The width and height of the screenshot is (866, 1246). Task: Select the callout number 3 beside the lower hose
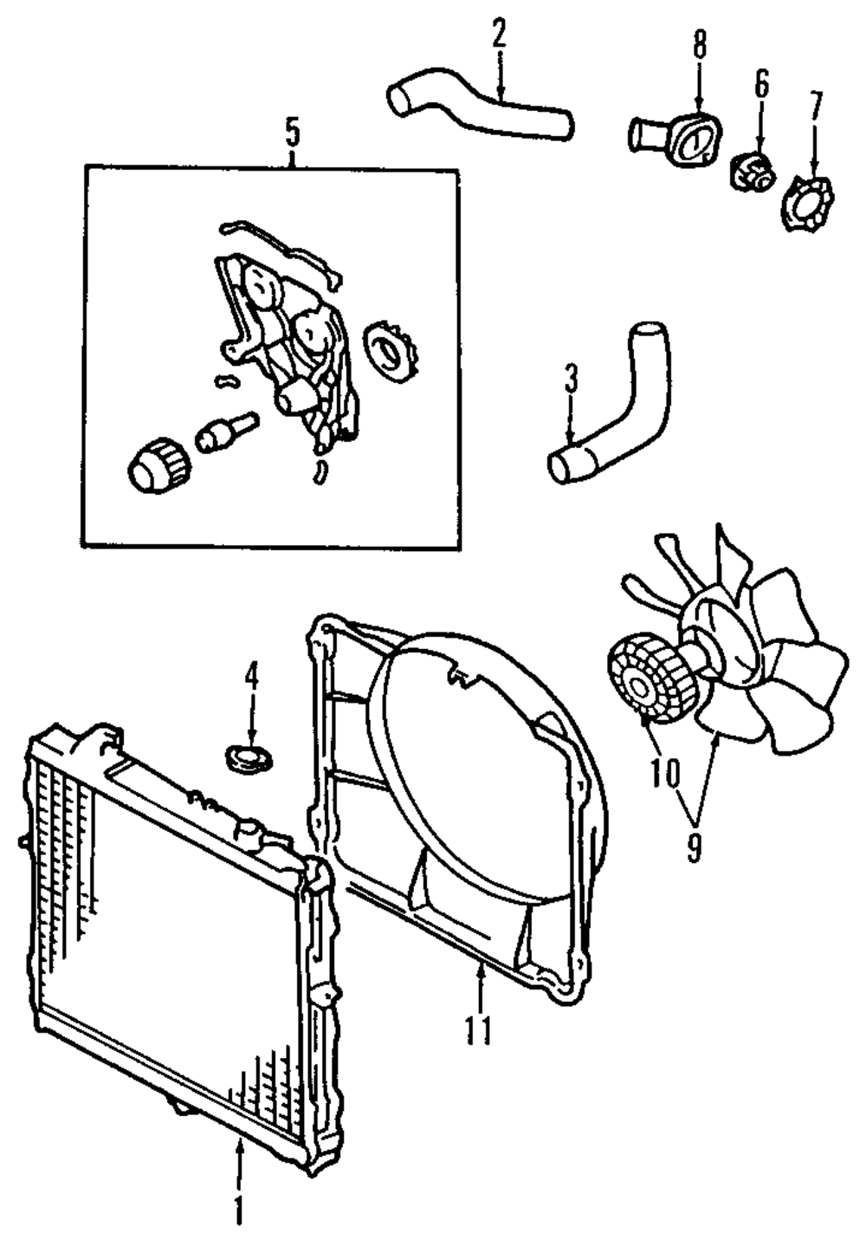(570, 380)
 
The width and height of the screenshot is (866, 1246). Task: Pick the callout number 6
(760, 85)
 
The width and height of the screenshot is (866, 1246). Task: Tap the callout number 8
(699, 44)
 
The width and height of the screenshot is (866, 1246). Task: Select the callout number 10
(667, 774)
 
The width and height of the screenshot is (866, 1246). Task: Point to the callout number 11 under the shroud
(477, 1030)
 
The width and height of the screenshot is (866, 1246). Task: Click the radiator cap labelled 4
(249, 758)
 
